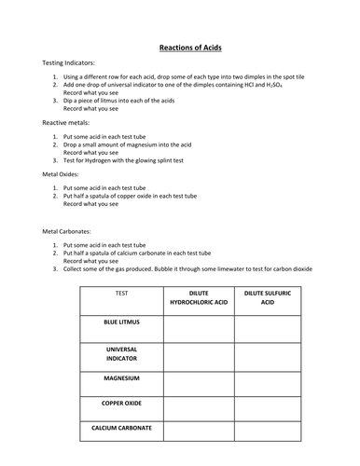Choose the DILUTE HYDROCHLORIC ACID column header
pos(198,297)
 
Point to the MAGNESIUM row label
pos(121,379)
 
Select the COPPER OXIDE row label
pos(121,404)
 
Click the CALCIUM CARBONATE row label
pos(121,429)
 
